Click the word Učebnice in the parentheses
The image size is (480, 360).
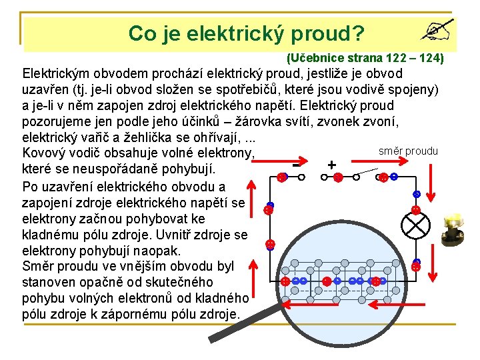pos(317,59)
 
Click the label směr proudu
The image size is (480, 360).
pos(408,151)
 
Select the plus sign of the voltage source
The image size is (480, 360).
pos(331,165)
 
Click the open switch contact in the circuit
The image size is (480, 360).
pos(363,176)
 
